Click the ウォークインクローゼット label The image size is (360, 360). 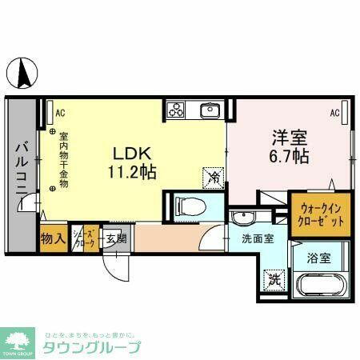click(321, 212)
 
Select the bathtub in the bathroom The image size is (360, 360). click(321, 284)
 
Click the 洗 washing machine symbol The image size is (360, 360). click(274, 280)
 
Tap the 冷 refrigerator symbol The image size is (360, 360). click(214, 176)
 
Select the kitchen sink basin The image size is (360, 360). click(210, 110)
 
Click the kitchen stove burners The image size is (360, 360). click(177, 110)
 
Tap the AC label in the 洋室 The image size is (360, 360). click(335, 113)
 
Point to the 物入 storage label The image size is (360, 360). click(54, 238)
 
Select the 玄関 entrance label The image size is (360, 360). click(114, 238)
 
